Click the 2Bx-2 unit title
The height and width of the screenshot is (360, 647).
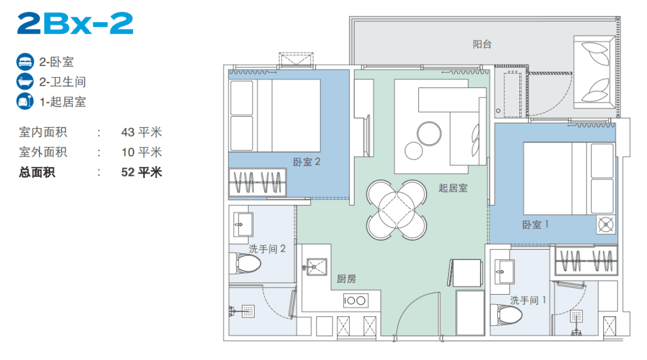75,23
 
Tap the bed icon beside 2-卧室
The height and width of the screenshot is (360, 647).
25,62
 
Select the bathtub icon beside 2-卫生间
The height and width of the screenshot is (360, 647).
25,81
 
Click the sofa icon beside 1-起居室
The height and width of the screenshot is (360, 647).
25,101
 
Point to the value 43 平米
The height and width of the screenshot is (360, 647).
141,132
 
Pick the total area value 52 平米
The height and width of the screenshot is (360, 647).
141,172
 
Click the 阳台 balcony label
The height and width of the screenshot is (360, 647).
482,44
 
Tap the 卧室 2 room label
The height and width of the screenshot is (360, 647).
307,162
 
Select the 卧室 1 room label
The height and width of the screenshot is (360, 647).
535,225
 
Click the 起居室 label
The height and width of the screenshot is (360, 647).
453,188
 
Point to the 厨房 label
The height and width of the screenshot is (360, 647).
346,279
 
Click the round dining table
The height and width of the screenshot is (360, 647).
397,210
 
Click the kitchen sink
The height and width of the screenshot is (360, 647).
315,267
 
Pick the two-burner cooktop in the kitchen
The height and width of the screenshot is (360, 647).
355,300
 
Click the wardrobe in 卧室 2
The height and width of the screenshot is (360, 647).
258,181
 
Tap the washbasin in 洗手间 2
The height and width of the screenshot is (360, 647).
243,225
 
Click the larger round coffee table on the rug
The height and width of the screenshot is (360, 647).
429,134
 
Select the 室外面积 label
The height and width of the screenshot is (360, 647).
43,152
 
